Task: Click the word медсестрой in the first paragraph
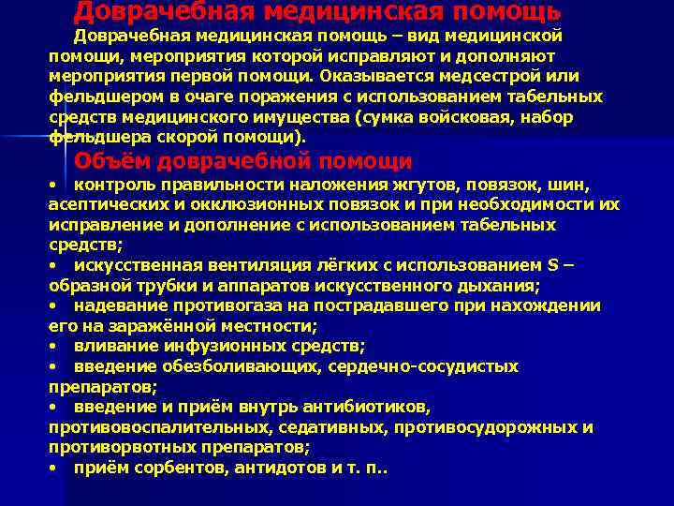(x=477, y=76)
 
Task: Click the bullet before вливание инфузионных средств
(x=55, y=346)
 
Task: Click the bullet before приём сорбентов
(x=55, y=468)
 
